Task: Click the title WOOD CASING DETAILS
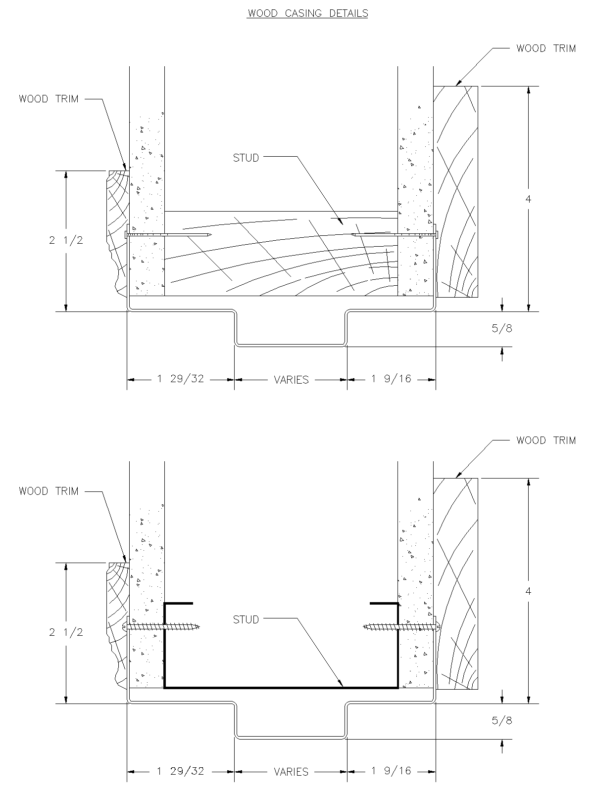[307, 13]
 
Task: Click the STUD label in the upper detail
[246, 158]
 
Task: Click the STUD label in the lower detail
[246, 619]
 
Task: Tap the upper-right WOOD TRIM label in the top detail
[546, 48]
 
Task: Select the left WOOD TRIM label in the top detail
[49, 99]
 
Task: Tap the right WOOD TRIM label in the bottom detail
[546, 440]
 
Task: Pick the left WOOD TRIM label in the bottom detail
[49, 491]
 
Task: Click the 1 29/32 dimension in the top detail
[181, 379]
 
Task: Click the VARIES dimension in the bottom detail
[291, 772]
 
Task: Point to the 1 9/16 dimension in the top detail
[392, 379]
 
